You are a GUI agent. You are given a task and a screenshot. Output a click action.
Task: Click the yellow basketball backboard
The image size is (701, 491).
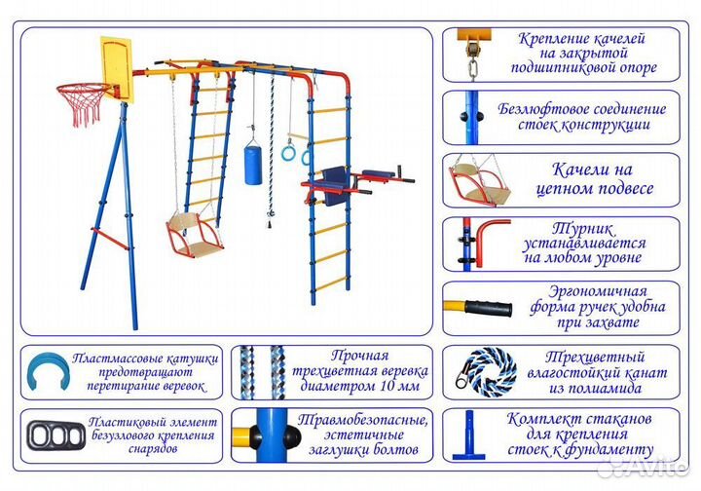[x=114, y=67]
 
